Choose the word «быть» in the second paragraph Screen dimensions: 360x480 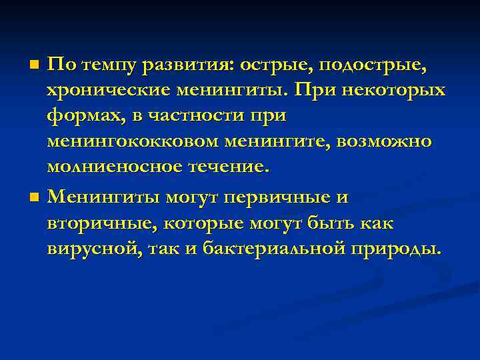pyautogui.click(x=327, y=223)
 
